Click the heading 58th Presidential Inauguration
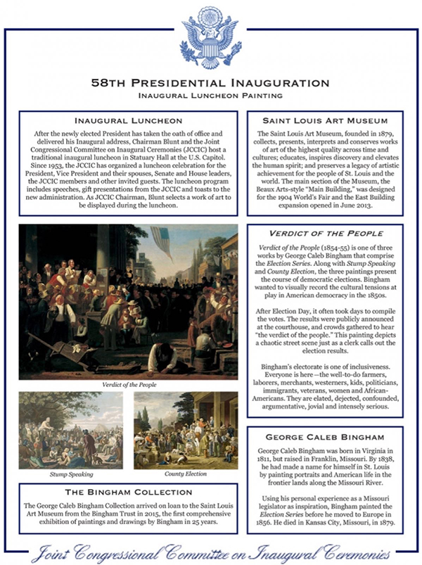coord(210,82)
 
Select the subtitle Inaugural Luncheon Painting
coord(210,94)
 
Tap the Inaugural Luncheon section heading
coord(129,120)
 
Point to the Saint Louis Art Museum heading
coord(326,120)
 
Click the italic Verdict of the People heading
coord(326,232)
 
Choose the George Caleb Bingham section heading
coord(326,435)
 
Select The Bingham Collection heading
coord(129,492)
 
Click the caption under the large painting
coord(129,385)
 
